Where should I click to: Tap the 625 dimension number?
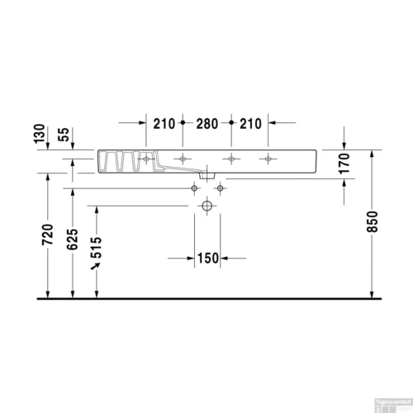pyautogui.click(x=74, y=238)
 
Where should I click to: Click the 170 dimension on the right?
pyautogui.click(x=345, y=165)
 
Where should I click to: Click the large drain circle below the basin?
pyautogui.click(x=207, y=206)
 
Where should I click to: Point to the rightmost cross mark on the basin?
pyautogui.click(x=267, y=159)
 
